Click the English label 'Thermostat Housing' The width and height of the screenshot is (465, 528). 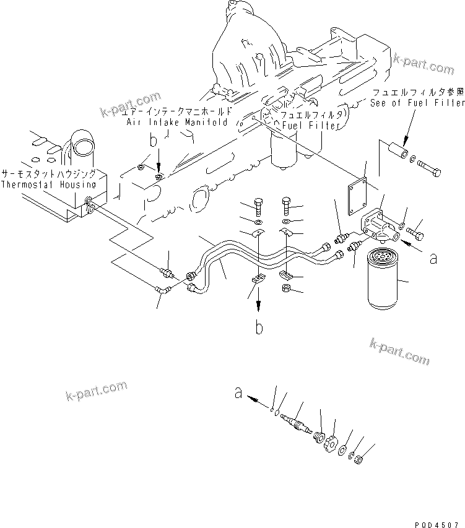tap(48, 184)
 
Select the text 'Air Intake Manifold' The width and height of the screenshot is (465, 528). tap(176, 123)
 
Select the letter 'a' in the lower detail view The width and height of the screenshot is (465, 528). tap(237, 391)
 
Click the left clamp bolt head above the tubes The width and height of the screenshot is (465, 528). tap(259, 205)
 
